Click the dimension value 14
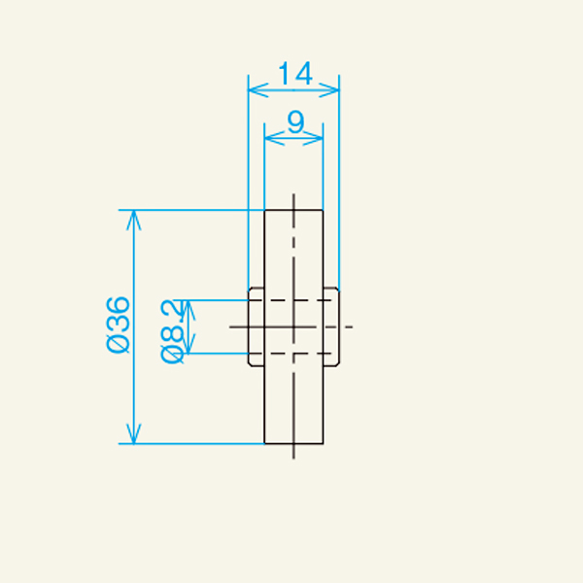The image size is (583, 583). (294, 74)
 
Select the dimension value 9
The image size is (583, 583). (294, 122)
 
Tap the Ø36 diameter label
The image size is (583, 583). (118, 326)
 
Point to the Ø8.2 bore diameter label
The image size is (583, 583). (172, 329)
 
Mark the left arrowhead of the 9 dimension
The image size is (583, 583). (269, 139)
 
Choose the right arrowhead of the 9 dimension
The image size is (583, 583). (319, 139)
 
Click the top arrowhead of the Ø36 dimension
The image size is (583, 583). (134, 215)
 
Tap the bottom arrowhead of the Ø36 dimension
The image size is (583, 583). (134, 438)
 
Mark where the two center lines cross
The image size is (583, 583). (293, 326)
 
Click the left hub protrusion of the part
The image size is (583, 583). (257, 326)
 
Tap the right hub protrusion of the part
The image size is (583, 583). (331, 326)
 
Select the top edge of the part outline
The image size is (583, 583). (293, 210)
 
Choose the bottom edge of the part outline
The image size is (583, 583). (293, 443)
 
